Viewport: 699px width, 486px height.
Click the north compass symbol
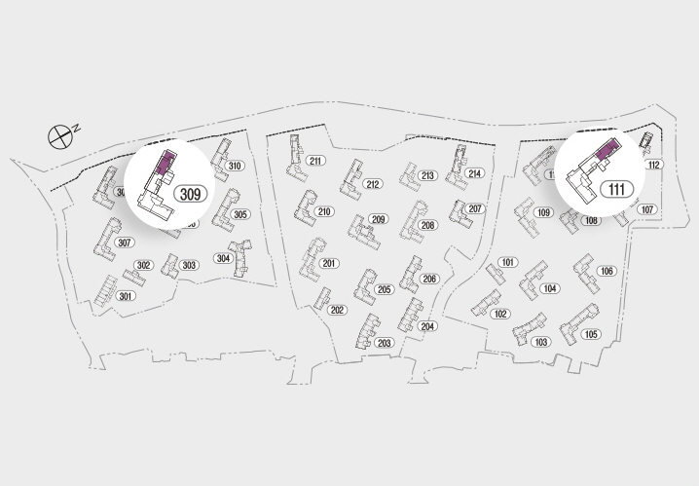pyautogui.click(x=61, y=135)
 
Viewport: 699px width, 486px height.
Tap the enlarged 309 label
pyautogui.click(x=191, y=194)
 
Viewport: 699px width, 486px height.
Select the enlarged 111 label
pyautogui.click(x=616, y=189)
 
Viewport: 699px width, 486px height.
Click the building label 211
pyautogui.click(x=315, y=161)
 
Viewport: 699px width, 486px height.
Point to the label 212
pyautogui.click(x=372, y=184)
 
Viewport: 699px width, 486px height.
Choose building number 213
pyautogui.click(x=427, y=176)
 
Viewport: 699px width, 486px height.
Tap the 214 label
pyautogui.click(x=474, y=173)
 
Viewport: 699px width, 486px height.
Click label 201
pyautogui.click(x=329, y=264)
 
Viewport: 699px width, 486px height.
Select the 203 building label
pyautogui.click(x=384, y=343)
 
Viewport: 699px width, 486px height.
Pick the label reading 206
pyautogui.click(x=429, y=279)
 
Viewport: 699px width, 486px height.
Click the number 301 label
pyautogui.click(x=126, y=296)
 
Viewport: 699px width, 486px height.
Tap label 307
pyautogui.click(x=124, y=243)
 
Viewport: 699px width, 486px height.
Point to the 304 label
pyautogui.click(x=223, y=258)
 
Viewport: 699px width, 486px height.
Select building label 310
pyautogui.click(x=235, y=166)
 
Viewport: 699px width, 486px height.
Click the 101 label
pyautogui.click(x=507, y=263)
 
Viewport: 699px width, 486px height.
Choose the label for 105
pyautogui.click(x=591, y=334)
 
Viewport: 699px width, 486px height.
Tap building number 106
pyautogui.click(x=607, y=271)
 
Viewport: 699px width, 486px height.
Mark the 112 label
pyautogui.click(x=653, y=165)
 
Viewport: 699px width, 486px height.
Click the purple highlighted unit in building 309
pyautogui.click(x=166, y=162)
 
